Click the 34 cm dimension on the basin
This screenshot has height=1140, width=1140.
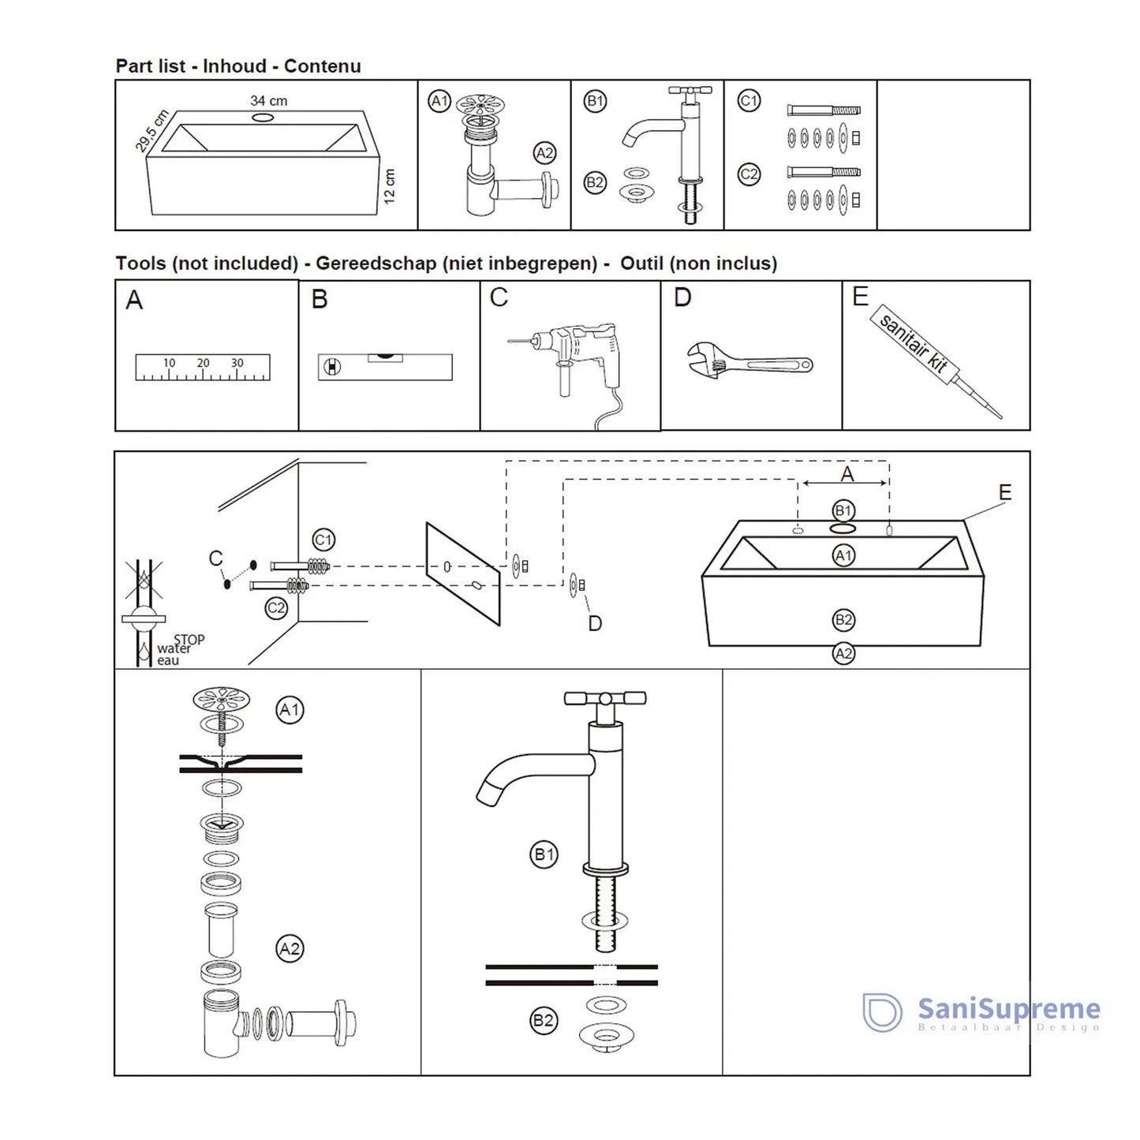268,101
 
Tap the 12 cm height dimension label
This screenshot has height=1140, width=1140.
389,186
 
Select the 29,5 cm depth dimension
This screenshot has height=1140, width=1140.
152,130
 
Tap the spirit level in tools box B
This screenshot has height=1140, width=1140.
385,367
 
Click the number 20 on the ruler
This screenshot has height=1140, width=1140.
203,363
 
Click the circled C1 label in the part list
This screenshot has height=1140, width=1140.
749,101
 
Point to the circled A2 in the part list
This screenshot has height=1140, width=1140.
544,153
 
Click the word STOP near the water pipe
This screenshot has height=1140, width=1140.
189,640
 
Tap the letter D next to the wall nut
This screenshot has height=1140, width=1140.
595,624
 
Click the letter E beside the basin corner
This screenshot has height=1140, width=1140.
1004,492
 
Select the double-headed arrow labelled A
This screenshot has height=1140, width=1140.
844,483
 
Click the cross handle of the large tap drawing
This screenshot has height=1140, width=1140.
605,698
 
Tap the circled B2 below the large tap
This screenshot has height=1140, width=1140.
543,1020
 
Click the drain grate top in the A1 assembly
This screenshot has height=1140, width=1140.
222,699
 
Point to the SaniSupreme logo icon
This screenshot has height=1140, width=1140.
882,1012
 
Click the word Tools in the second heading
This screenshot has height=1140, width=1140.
140,264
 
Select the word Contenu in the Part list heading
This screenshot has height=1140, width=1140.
322,66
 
